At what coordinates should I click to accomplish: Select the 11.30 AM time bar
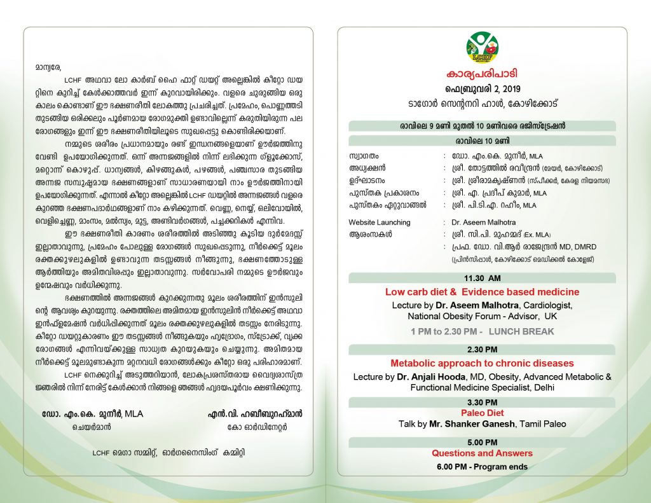[x=482, y=278]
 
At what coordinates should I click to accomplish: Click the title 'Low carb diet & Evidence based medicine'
[x=482, y=292]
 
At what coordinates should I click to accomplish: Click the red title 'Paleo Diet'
[x=482, y=413]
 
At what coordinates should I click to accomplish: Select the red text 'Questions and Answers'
[x=482, y=453]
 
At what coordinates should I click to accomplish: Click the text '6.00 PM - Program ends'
[x=482, y=466]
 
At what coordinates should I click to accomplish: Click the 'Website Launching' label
[x=380, y=223]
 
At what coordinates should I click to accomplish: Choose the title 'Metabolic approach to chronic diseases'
[x=482, y=363]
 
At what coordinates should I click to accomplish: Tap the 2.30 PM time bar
[x=482, y=350]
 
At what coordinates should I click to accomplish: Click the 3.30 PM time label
[x=482, y=402]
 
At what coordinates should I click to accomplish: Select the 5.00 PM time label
[x=482, y=442]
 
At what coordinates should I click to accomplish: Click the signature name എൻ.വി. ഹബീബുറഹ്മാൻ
[x=255, y=413]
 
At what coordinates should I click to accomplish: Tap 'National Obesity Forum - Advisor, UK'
[x=482, y=315]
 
